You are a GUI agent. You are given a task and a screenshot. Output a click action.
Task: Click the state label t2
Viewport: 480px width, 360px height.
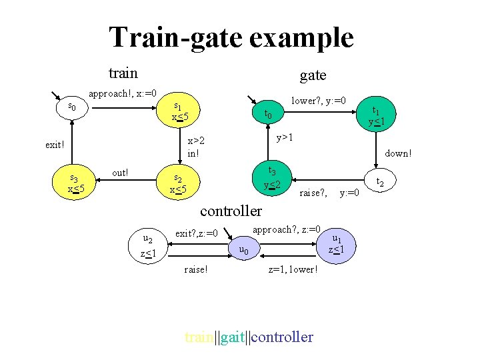click(379, 181)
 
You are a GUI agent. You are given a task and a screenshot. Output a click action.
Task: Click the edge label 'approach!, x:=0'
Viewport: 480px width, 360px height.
click(123, 93)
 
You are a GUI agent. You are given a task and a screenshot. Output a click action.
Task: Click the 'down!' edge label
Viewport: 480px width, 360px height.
click(398, 153)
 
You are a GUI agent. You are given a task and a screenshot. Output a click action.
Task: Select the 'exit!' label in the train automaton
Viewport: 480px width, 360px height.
click(55, 144)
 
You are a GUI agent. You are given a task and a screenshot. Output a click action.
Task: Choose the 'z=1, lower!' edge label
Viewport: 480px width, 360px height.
click(293, 269)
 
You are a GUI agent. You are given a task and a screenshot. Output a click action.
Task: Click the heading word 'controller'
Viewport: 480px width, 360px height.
click(231, 211)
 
